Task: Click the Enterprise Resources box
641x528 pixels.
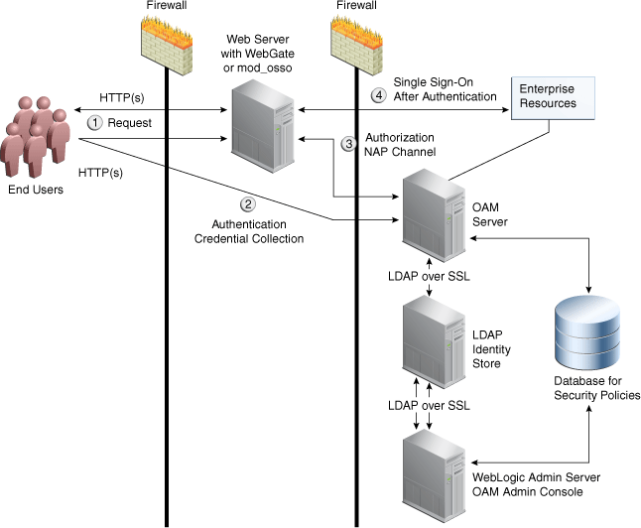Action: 547,96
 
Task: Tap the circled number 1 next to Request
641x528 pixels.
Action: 95,122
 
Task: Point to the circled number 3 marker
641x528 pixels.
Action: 348,143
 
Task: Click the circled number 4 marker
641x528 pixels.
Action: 377,95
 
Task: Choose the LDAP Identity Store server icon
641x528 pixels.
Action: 429,346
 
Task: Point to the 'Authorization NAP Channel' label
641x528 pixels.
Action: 400,144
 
